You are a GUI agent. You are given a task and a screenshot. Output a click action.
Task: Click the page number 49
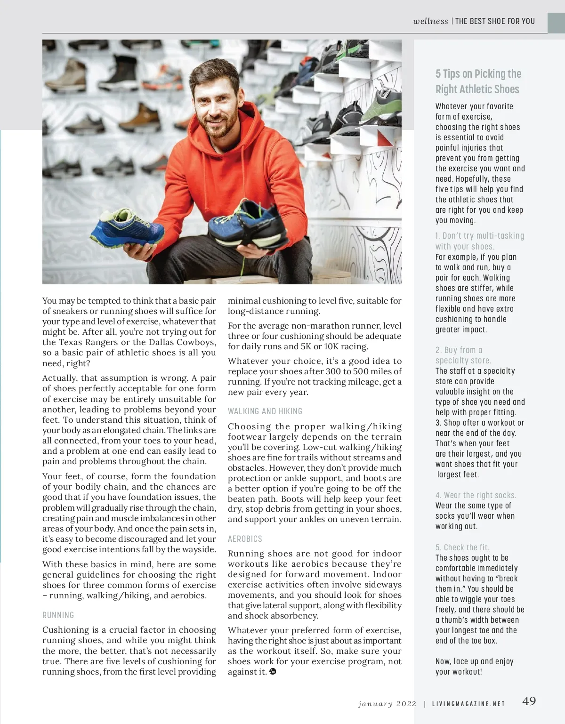click(529, 701)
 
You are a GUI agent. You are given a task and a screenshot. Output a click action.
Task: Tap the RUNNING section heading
click(58, 615)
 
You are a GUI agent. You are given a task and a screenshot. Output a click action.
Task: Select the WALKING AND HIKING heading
click(265, 411)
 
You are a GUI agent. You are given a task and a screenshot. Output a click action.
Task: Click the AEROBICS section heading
click(245, 539)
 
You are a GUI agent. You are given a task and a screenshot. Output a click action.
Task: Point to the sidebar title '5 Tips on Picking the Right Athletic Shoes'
click(478, 81)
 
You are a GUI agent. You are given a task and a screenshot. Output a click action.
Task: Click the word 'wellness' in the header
click(430, 21)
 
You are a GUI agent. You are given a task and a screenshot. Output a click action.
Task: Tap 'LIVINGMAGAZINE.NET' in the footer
click(468, 704)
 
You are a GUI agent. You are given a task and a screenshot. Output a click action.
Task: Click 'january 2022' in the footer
click(387, 704)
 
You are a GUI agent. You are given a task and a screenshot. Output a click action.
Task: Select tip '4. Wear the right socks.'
click(476, 495)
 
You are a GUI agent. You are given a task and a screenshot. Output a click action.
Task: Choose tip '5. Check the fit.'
click(462, 547)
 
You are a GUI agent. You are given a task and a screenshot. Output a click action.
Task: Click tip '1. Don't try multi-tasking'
click(479, 241)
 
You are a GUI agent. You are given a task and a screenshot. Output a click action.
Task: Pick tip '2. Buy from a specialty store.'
click(463, 355)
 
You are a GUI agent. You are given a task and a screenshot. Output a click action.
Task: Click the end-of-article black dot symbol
click(273, 672)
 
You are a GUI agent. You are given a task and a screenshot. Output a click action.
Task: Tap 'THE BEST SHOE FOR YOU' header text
click(495, 21)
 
